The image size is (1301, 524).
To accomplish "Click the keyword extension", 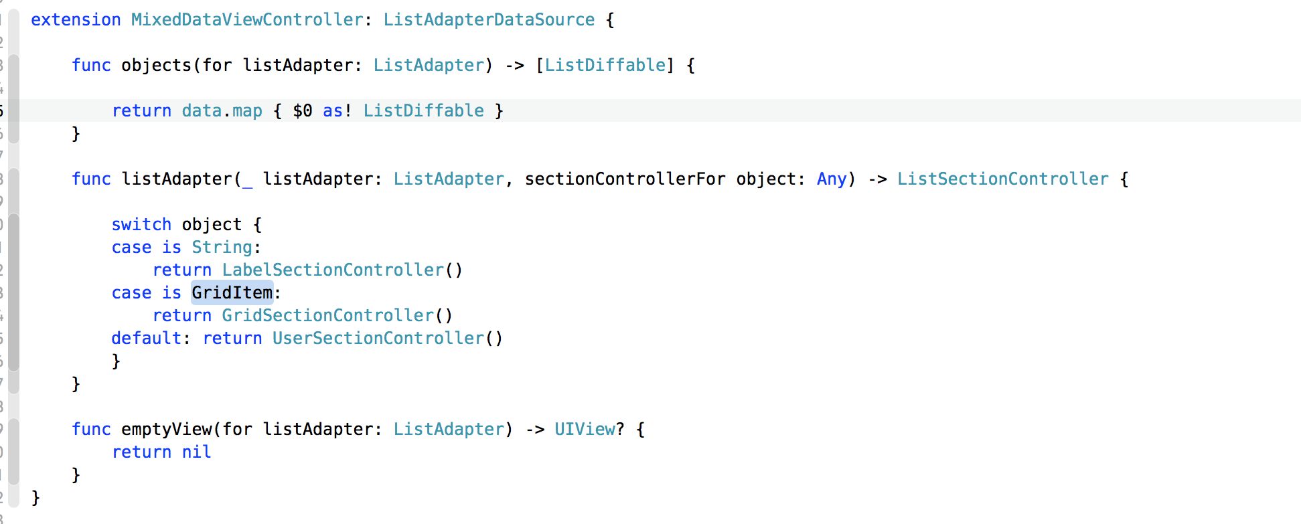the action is pos(76,20).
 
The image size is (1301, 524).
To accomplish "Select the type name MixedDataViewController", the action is pos(247,20).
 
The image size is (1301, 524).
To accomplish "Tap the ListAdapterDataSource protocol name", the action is pos(489,20).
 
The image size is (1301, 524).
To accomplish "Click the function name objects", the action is pos(156,66).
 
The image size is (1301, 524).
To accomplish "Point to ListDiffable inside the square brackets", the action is pos(605,66).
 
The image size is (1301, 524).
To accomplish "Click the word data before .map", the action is pos(202,111).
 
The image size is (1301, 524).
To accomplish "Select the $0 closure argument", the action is pos(303,111).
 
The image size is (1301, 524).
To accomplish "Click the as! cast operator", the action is pos(337,111).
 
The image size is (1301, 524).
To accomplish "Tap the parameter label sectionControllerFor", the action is pos(625,179).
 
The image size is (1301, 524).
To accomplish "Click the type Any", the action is pos(832,179).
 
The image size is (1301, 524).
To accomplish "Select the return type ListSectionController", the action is pos(1002,179).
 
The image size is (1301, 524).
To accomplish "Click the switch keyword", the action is pos(141,225).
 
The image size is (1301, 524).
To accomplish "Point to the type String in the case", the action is pos(222,248).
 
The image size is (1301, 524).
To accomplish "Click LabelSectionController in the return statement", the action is pos(333,270).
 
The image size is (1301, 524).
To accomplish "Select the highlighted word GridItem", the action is pos(232,293).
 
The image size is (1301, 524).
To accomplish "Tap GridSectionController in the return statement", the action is pos(328,316).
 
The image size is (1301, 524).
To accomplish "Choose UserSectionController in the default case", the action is pos(378,339).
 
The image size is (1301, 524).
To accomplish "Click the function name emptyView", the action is pos(166,430).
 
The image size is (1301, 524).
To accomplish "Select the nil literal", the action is pos(196,452).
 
